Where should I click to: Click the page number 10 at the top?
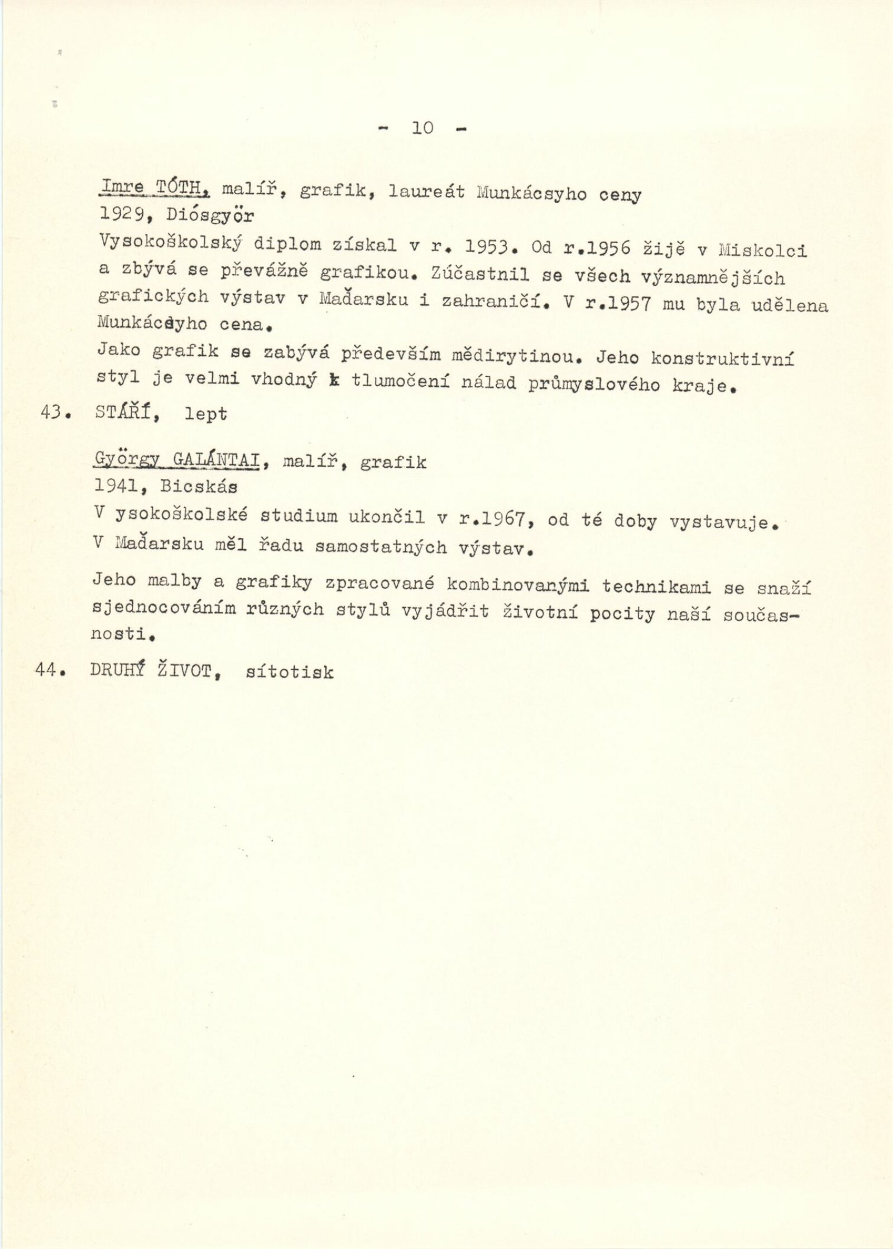tap(423, 128)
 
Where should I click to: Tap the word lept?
tap(206, 415)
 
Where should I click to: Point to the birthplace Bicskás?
tap(199, 487)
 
